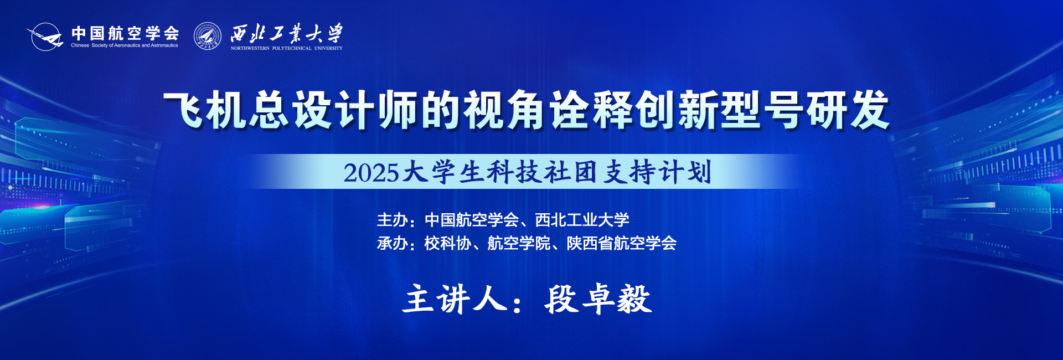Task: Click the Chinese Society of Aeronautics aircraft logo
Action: (45, 37)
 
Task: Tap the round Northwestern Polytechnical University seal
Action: (208, 37)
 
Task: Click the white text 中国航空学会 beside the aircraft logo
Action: (125, 33)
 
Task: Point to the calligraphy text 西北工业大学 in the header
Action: (287, 34)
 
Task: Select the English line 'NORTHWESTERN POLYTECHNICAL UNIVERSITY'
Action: (287, 48)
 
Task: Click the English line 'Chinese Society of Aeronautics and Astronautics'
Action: (125, 45)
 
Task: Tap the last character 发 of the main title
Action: (869, 110)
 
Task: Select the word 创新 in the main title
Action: (676, 110)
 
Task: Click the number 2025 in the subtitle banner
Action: (371, 173)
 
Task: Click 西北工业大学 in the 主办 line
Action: (582, 220)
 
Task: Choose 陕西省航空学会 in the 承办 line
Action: (622, 243)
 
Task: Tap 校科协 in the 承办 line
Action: (448, 243)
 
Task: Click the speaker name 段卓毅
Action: (598, 299)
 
